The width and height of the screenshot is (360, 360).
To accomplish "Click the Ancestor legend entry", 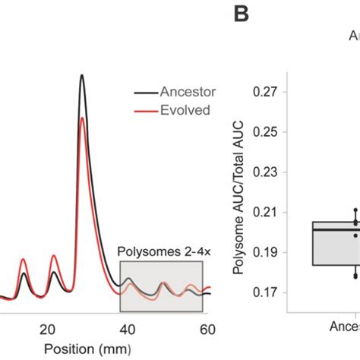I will point(186,92).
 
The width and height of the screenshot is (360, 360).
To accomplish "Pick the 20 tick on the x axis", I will point(47,329).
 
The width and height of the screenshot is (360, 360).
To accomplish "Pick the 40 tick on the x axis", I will point(127,329).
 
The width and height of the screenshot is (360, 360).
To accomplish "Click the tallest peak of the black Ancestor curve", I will point(82,76).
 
